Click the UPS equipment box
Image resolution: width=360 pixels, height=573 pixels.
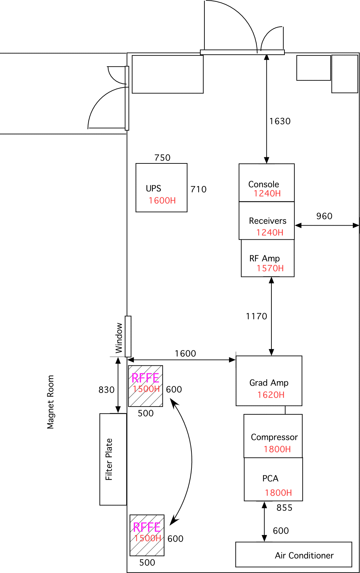[161, 188]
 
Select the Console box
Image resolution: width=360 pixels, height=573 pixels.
[266, 183]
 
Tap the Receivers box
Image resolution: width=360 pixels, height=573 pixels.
[266, 221]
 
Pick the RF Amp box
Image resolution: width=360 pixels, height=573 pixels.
[267, 258]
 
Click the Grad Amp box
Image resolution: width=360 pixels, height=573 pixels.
[269, 381]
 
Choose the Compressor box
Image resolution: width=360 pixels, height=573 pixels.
[273, 436]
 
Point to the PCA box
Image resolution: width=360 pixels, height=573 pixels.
[273, 479]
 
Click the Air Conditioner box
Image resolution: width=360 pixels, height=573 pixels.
[294, 555]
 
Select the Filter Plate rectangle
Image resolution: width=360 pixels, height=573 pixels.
[113, 459]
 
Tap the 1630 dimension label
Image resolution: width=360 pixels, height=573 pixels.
[280, 121]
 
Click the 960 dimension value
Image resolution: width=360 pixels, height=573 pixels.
[324, 216]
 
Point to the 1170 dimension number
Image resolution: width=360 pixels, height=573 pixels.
[256, 316]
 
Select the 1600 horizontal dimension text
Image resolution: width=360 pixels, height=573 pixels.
[185, 354]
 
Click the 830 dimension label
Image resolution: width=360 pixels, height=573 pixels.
[106, 390]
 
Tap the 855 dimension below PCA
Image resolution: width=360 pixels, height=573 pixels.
[284, 508]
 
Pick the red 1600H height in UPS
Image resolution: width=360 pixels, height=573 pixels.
[162, 201]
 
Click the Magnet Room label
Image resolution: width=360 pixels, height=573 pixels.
[51, 402]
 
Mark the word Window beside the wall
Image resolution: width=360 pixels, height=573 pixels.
[119, 338]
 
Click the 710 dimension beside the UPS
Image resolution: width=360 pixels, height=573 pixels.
[198, 189]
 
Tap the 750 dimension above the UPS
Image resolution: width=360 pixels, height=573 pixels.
[162, 158]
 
